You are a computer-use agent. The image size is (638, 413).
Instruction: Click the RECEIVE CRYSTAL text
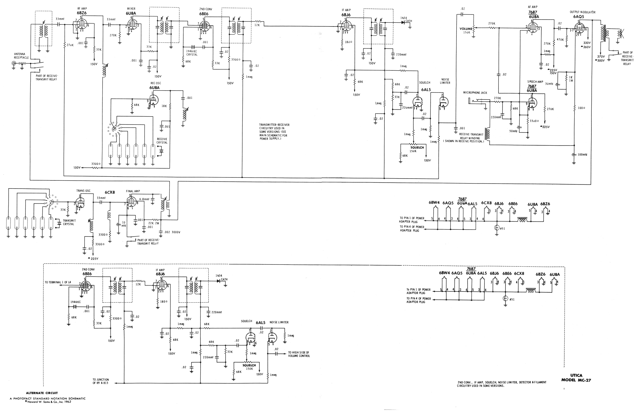pos(162,141)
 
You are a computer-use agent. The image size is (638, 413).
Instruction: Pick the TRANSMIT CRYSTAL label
pos(69,222)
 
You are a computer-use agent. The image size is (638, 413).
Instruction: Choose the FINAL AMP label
pos(133,191)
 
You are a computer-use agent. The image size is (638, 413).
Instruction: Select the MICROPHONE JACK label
pos(475,93)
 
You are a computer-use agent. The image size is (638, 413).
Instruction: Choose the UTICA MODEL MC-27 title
pos(576,378)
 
